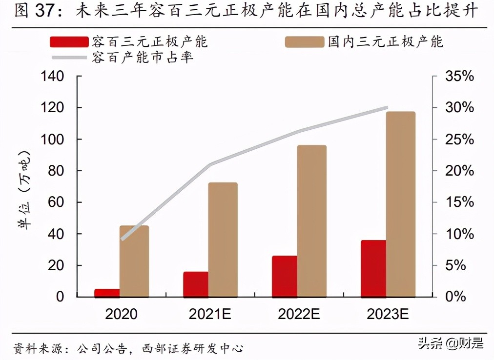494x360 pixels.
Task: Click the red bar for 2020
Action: tap(107, 293)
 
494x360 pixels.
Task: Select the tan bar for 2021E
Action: tap(223, 240)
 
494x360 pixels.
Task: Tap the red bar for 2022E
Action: tap(285, 276)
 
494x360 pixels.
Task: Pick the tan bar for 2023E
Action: tap(401, 204)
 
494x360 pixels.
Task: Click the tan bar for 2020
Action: tap(134, 261)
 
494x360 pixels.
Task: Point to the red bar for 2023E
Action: tap(373, 268)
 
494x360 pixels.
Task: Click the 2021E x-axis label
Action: tap(210, 314)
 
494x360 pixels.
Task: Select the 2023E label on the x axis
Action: tap(388, 314)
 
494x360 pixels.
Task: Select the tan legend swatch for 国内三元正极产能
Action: tap(305, 42)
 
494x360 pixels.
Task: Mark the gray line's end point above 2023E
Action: tap(387, 107)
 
